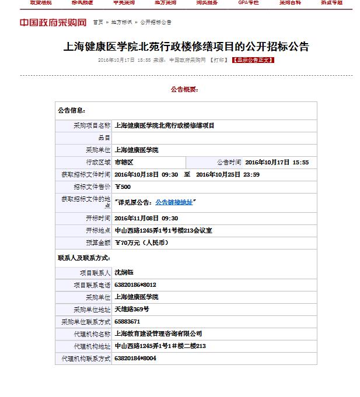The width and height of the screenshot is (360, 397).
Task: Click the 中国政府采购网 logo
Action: click(x=53, y=23)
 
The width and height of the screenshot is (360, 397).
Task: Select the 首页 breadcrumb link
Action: click(x=97, y=23)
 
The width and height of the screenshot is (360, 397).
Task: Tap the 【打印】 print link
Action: click(x=219, y=59)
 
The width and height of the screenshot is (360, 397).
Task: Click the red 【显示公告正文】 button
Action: click(x=253, y=59)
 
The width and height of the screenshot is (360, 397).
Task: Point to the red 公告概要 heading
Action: click(x=184, y=90)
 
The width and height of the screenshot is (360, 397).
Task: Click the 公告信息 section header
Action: click(x=72, y=110)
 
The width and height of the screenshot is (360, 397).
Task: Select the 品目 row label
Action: click(x=104, y=138)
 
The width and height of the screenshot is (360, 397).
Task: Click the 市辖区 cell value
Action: click(x=124, y=162)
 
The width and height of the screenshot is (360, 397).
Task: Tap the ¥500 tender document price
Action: click(x=123, y=187)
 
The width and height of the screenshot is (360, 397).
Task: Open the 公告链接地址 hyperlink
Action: click(x=173, y=202)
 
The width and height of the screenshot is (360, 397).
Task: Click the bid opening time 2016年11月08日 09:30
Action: click(x=146, y=218)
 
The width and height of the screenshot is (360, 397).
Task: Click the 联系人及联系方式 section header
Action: click(x=84, y=257)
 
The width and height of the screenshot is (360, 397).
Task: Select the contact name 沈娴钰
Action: click(x=124, y=272)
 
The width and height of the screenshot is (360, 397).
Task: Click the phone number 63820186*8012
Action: click(x=135, y=284)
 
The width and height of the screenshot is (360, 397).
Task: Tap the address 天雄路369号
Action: click(x=132, y=309)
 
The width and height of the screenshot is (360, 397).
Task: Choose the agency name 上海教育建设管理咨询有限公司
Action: click(x=158, y=333)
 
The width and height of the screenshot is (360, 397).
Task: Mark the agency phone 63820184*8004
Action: click(x=135, y=358)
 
